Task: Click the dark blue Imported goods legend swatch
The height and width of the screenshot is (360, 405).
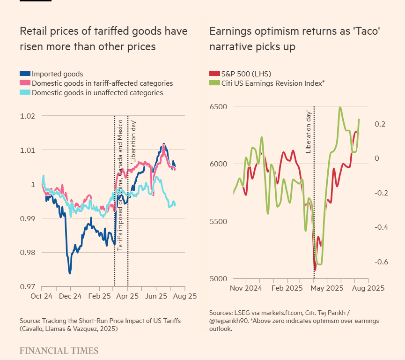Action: click(x=25, y=74)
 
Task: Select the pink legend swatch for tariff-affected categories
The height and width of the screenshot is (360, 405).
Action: click(x=25, y=83)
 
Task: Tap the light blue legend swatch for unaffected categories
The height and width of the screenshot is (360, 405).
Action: click(x=25, y=93)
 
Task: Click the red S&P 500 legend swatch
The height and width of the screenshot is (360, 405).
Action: click(x=214, y=74)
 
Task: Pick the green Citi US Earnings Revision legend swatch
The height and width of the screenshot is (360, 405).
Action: click(x=214, y=83)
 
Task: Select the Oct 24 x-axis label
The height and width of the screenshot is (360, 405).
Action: click(x=42, y=296)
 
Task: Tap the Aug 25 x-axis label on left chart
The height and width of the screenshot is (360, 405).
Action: click(x=185, y=296)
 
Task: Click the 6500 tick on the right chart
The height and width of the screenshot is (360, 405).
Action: click(x=218, y=106)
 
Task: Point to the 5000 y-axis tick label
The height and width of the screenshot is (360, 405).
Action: click(x=218, y=278)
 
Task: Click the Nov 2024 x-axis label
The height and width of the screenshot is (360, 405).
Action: click(x=246, y=288)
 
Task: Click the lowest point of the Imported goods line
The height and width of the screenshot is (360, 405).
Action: click(x=70, y=272)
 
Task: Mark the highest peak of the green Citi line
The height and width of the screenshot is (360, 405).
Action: click(x=340, y=108)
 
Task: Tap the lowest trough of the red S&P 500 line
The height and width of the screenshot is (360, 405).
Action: click(x=315, y=270)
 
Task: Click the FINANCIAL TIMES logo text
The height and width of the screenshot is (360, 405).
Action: click(x=59, y=351)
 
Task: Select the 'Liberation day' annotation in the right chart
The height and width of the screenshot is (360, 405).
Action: click(x=309, y=133)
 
